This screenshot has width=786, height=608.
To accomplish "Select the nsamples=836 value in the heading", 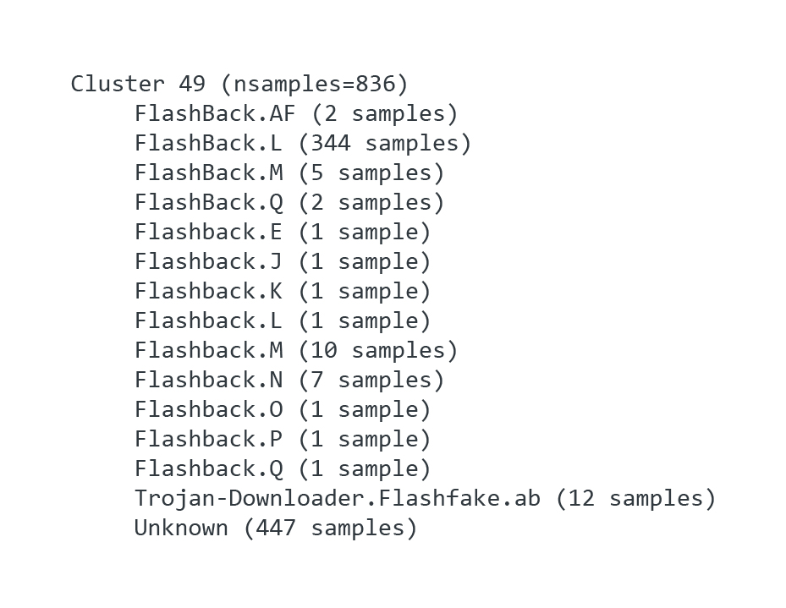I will click(315, 85).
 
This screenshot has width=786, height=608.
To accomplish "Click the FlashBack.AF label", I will click(215, 114).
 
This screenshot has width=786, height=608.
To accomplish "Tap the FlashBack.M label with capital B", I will click(208, 173).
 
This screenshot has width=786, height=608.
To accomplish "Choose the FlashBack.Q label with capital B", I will click(208, 203).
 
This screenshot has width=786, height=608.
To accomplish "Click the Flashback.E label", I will click(208, 233).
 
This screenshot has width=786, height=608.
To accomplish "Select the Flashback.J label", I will click(208, 262).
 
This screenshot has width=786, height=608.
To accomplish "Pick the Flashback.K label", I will click(208, 292).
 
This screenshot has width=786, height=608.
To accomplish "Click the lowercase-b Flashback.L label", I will click(208, 321).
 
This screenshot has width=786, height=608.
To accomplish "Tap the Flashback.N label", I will click(208, 381).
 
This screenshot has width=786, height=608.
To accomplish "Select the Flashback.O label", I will click(208, 410).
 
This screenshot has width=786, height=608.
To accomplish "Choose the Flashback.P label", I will click(208, 440).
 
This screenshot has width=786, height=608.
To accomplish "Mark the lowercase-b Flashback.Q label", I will click(208, 469).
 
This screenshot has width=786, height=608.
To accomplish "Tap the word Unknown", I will click(181, 529).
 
